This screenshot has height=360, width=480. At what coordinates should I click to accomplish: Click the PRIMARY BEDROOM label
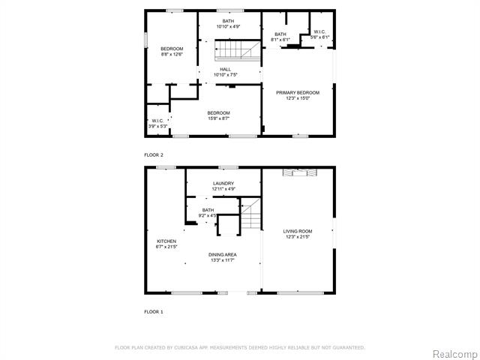point(298,92)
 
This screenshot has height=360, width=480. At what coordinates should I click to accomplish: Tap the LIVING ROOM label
point(298,231)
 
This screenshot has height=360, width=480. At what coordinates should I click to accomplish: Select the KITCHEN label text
point(166,241)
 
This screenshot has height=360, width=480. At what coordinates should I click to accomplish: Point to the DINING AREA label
point(222,254)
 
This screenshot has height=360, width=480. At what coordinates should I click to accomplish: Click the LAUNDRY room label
point(223,183)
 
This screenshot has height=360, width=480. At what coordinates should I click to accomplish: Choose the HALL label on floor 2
point(225,69)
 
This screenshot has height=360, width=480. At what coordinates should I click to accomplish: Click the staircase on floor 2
point(234,50)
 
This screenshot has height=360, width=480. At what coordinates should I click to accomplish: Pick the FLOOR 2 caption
point(154,154)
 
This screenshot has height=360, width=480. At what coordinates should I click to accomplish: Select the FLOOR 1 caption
point(154,311)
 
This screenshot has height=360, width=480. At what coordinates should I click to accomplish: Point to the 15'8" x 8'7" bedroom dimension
point(219,118)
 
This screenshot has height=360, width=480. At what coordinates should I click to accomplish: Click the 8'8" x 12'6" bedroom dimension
point(172,54)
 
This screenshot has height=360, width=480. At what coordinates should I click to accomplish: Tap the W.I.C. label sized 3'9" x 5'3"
point(158,126)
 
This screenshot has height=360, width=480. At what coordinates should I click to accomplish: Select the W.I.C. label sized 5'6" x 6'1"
point(320,37)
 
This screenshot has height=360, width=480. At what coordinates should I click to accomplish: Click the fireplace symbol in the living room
point(298,173)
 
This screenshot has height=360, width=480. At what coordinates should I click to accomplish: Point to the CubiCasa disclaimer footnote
point(240,347)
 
